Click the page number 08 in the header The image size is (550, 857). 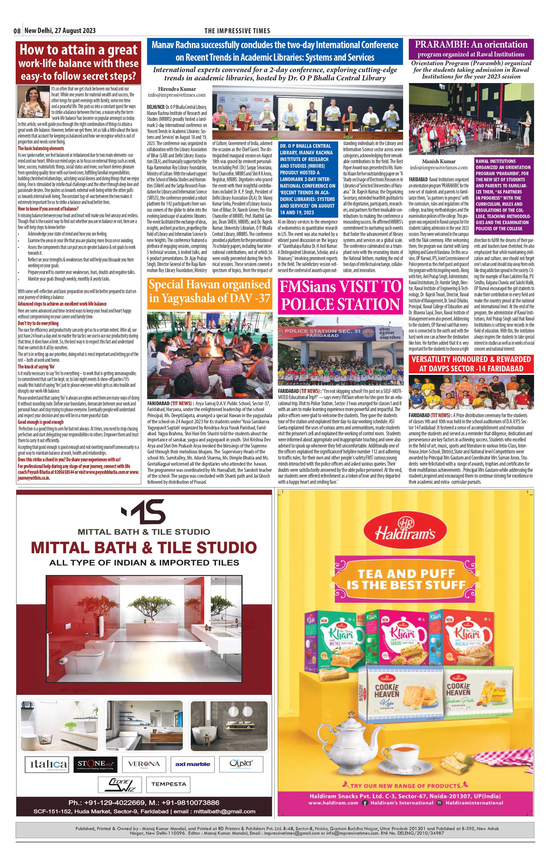tap(17, 31)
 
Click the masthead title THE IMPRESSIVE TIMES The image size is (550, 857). tap(237, 31)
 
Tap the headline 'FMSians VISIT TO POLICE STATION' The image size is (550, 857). tap(340, 295)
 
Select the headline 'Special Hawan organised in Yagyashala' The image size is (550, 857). tap(210, 291)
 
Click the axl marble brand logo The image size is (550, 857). tap(192, 764)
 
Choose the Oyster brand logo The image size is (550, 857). tap(241, 763)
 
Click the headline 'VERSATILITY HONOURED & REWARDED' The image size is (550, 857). tap(471, 364)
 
